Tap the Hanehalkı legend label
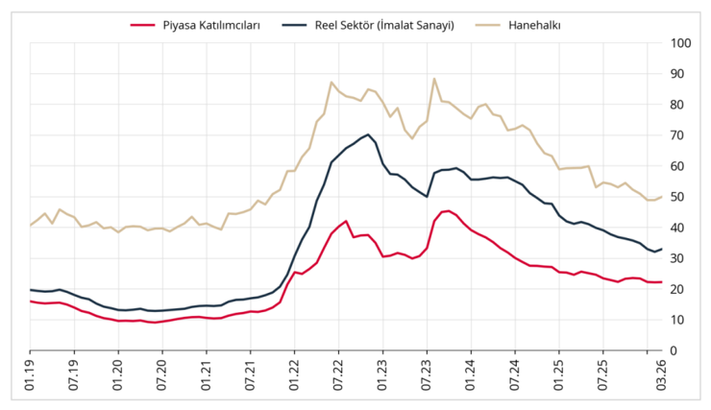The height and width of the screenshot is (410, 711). coord(541,25)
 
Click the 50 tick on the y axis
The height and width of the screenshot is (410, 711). coord(682,197)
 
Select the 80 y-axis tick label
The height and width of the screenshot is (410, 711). coord(682,105)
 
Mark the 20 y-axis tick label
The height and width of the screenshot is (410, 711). coord(682,289)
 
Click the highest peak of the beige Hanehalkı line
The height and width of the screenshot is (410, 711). coord(434,79)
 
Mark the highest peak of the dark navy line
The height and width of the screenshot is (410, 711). coord(368,134)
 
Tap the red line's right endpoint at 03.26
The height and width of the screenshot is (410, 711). coord(661,282)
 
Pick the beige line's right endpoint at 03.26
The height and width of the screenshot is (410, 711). coord(661,197)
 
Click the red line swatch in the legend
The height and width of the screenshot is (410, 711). coord(142,25)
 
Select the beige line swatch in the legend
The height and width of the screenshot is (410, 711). coord(486,25)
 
